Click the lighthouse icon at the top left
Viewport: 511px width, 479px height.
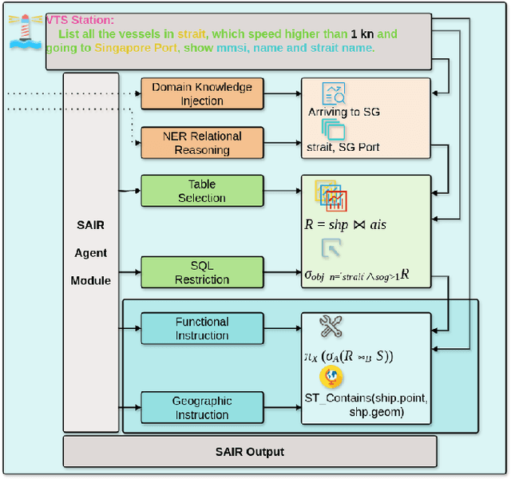(25, 30)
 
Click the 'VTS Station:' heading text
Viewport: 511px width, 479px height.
(80, 20)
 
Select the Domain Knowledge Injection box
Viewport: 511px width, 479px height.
(202, 93)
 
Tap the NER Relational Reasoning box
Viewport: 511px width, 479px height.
(202, 142)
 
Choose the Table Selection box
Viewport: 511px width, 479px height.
(202, 191)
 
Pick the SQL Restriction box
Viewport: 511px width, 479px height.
(202, 272)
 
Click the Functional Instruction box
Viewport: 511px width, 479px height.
(202, 328)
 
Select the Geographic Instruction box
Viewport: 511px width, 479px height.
(202, 408)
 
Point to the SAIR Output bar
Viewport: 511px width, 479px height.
(249, 452)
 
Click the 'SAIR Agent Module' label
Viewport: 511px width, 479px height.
(90, 253)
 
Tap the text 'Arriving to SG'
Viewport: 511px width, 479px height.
(344, 112)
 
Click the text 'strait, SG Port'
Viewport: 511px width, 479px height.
(343, 147)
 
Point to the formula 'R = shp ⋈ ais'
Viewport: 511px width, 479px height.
(345, 224)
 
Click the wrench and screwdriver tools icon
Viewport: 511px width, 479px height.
(330, 326)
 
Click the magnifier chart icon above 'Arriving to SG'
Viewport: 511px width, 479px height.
(332, 93)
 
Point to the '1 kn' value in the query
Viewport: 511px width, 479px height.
(359, 34)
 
